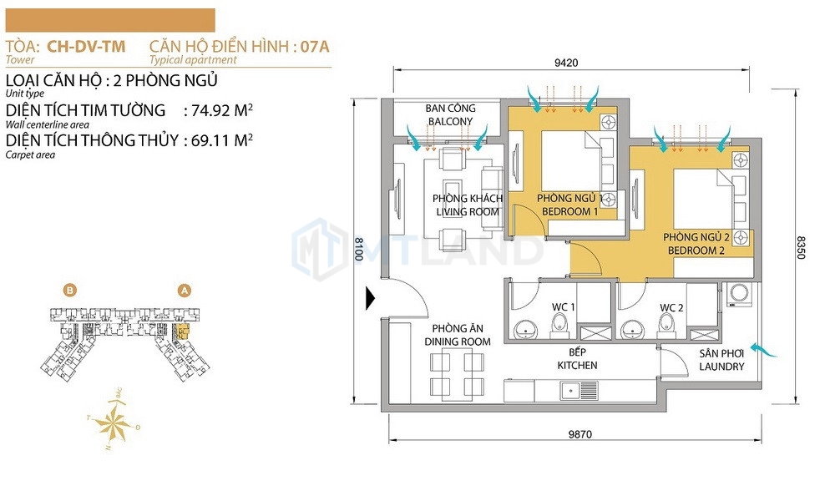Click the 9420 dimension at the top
tap(565, 62)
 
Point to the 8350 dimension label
tap(802, 248)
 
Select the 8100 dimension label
tap(360, 248)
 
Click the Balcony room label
tap(450, 115)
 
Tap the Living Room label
tap(468, 205)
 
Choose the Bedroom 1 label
tap(570, 205)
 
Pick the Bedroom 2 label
tap(696, 245)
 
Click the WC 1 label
tap(564, 307)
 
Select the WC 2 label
tap(671, 307)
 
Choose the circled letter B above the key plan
tap(70, 291)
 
